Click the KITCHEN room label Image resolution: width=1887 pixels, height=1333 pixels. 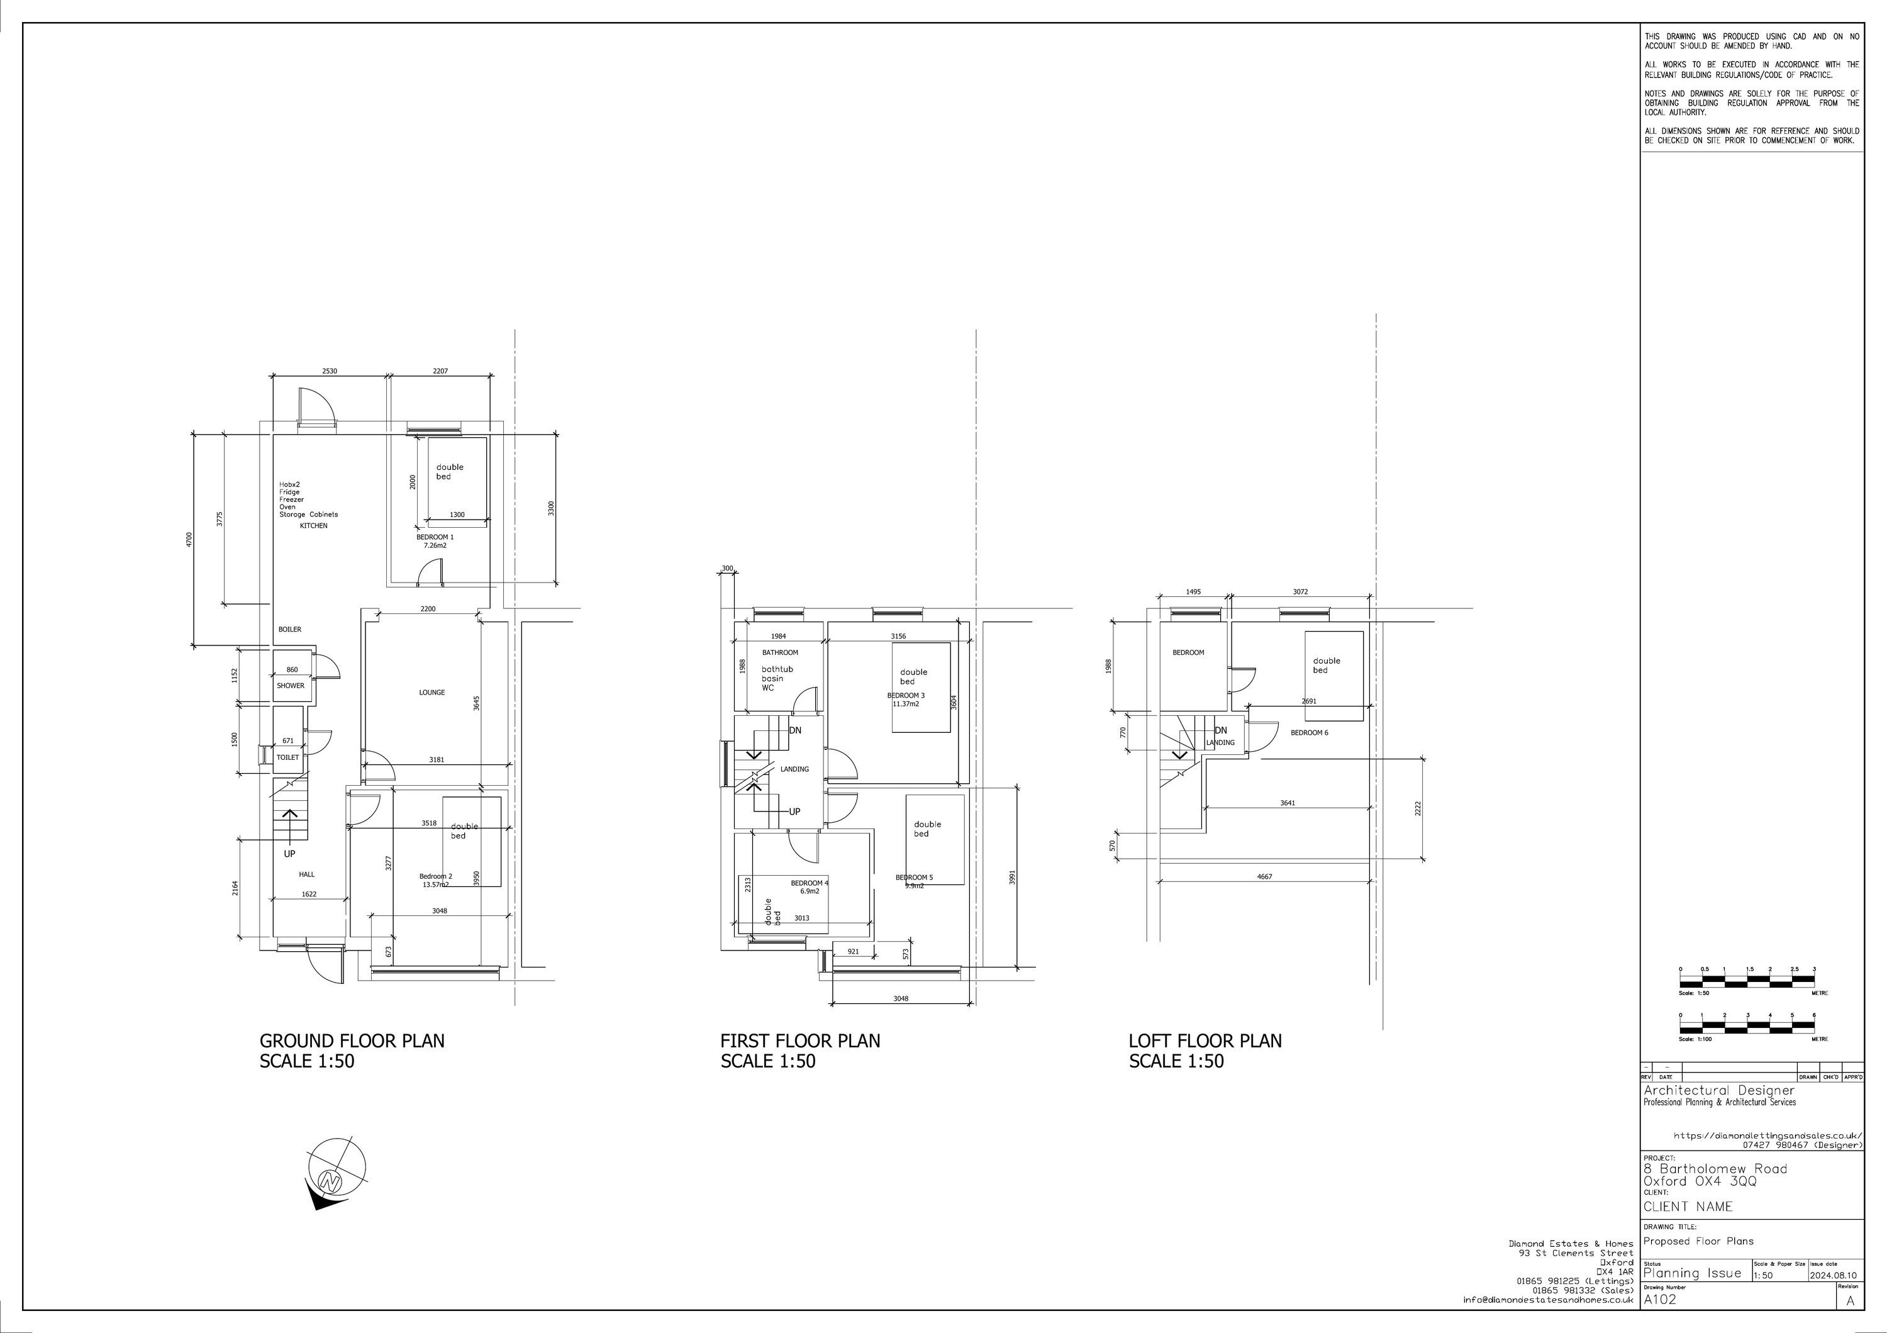click(313, 525)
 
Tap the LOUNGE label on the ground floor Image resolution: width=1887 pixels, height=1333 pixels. click(431, 692)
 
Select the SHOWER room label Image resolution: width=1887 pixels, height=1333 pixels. click(290, 686)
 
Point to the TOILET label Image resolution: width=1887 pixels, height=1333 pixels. click(287, 757)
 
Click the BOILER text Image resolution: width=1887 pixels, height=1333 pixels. click(289, 630)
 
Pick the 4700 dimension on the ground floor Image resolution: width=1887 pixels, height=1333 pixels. click(189, 539)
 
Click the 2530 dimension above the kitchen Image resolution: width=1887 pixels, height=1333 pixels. click(329, 371)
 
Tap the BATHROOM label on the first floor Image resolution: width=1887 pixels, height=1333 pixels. click(780, 652)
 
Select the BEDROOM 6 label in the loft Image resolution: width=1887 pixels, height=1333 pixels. click(1308, 732)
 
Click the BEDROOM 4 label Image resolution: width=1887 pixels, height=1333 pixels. click(810, 883)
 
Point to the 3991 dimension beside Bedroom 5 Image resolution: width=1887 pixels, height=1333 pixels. click(1013, 878)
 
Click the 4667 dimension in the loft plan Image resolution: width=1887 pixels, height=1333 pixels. click(1264, 877)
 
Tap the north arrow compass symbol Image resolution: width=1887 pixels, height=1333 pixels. click(333, 1177)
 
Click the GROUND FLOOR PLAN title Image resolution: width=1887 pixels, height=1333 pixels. click(352, 1040)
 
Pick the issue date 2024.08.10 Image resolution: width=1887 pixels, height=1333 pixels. click(1834, 1276)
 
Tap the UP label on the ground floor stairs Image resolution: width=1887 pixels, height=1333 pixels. click(289, 854)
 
